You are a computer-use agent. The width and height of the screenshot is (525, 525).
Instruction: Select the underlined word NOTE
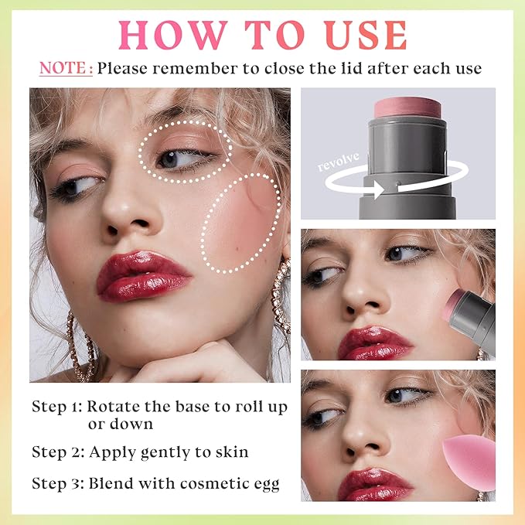click(66, 69)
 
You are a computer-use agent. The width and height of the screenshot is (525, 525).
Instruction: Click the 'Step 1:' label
click(56, 407)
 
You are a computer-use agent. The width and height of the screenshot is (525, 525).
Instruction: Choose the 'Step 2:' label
click(56, 451)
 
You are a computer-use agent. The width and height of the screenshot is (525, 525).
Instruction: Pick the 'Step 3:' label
click(56, 484)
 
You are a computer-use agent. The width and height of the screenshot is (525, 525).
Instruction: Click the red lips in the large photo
click(142, 275)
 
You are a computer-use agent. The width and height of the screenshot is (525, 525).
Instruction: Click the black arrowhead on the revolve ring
click(378, 185)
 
